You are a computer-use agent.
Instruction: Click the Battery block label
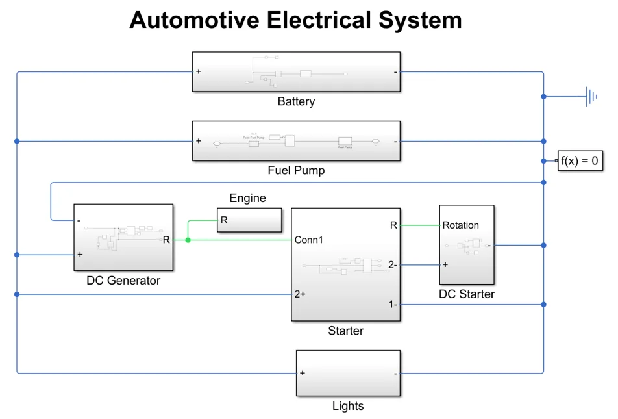point(296,101)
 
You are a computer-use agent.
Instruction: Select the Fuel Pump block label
point(296,171)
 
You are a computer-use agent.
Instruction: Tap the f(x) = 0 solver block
point(580,160)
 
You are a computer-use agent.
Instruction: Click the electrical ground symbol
point(591,97)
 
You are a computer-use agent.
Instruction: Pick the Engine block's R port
point(224,220)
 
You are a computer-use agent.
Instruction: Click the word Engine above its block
point(247,198)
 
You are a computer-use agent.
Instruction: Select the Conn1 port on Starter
point(309,240)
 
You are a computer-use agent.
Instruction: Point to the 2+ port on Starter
point(300,294)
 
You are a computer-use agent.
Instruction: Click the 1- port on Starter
point(393,305)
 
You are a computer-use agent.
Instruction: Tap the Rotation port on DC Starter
point(460,225)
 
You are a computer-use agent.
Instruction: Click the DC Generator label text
point(123,281)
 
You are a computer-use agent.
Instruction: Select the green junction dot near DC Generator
point(188,240)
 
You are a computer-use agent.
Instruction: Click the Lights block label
point(348,406)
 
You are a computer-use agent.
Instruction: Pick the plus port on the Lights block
point(302,373)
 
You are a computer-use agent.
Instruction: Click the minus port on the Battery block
point(395,72)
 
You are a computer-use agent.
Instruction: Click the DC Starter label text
point(467,294)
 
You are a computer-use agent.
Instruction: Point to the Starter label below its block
point(345,331)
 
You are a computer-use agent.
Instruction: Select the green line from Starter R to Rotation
point(419,225)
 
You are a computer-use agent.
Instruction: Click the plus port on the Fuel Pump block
point(198,141)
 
